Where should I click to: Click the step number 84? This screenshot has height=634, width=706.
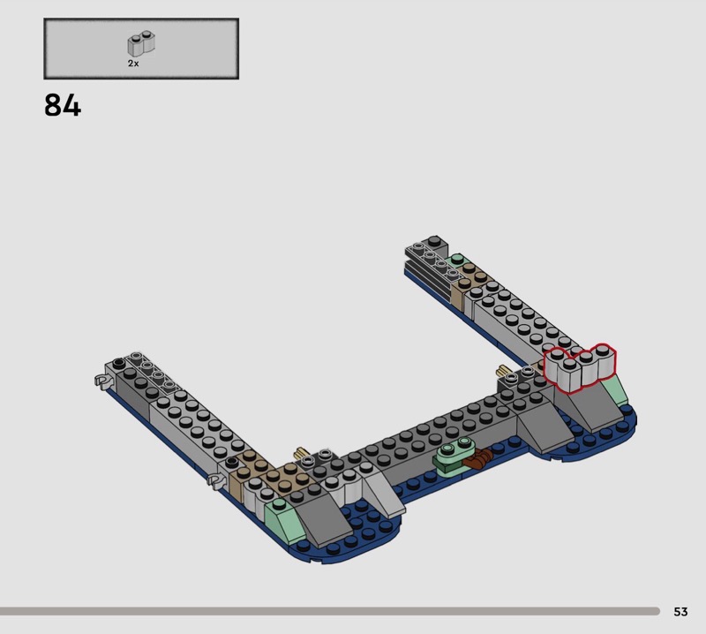point(63,105)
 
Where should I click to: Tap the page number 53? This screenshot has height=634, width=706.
point(680,611)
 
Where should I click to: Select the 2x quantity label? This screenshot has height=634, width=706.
point(133,64)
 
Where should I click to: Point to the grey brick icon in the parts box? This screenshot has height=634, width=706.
point(141,43)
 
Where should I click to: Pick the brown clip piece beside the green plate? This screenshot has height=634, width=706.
point(479,459)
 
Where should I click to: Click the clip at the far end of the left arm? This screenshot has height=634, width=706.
point(103,381)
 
